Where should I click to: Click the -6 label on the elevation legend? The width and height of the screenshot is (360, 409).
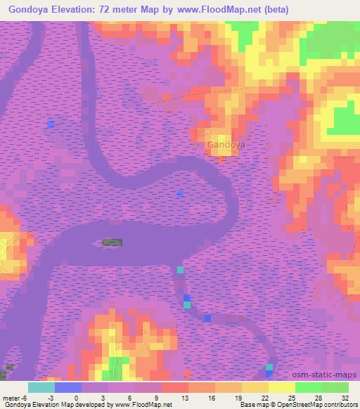[24, 397]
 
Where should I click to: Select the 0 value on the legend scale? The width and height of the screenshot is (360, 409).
[76, 397]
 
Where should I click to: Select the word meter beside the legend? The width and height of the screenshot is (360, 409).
[11, 397]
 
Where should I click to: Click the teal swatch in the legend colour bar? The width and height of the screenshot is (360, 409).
[41, 387]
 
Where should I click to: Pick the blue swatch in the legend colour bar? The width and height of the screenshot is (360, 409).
[68, 387]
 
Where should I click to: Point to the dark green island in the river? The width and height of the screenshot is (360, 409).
[112, 242]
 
